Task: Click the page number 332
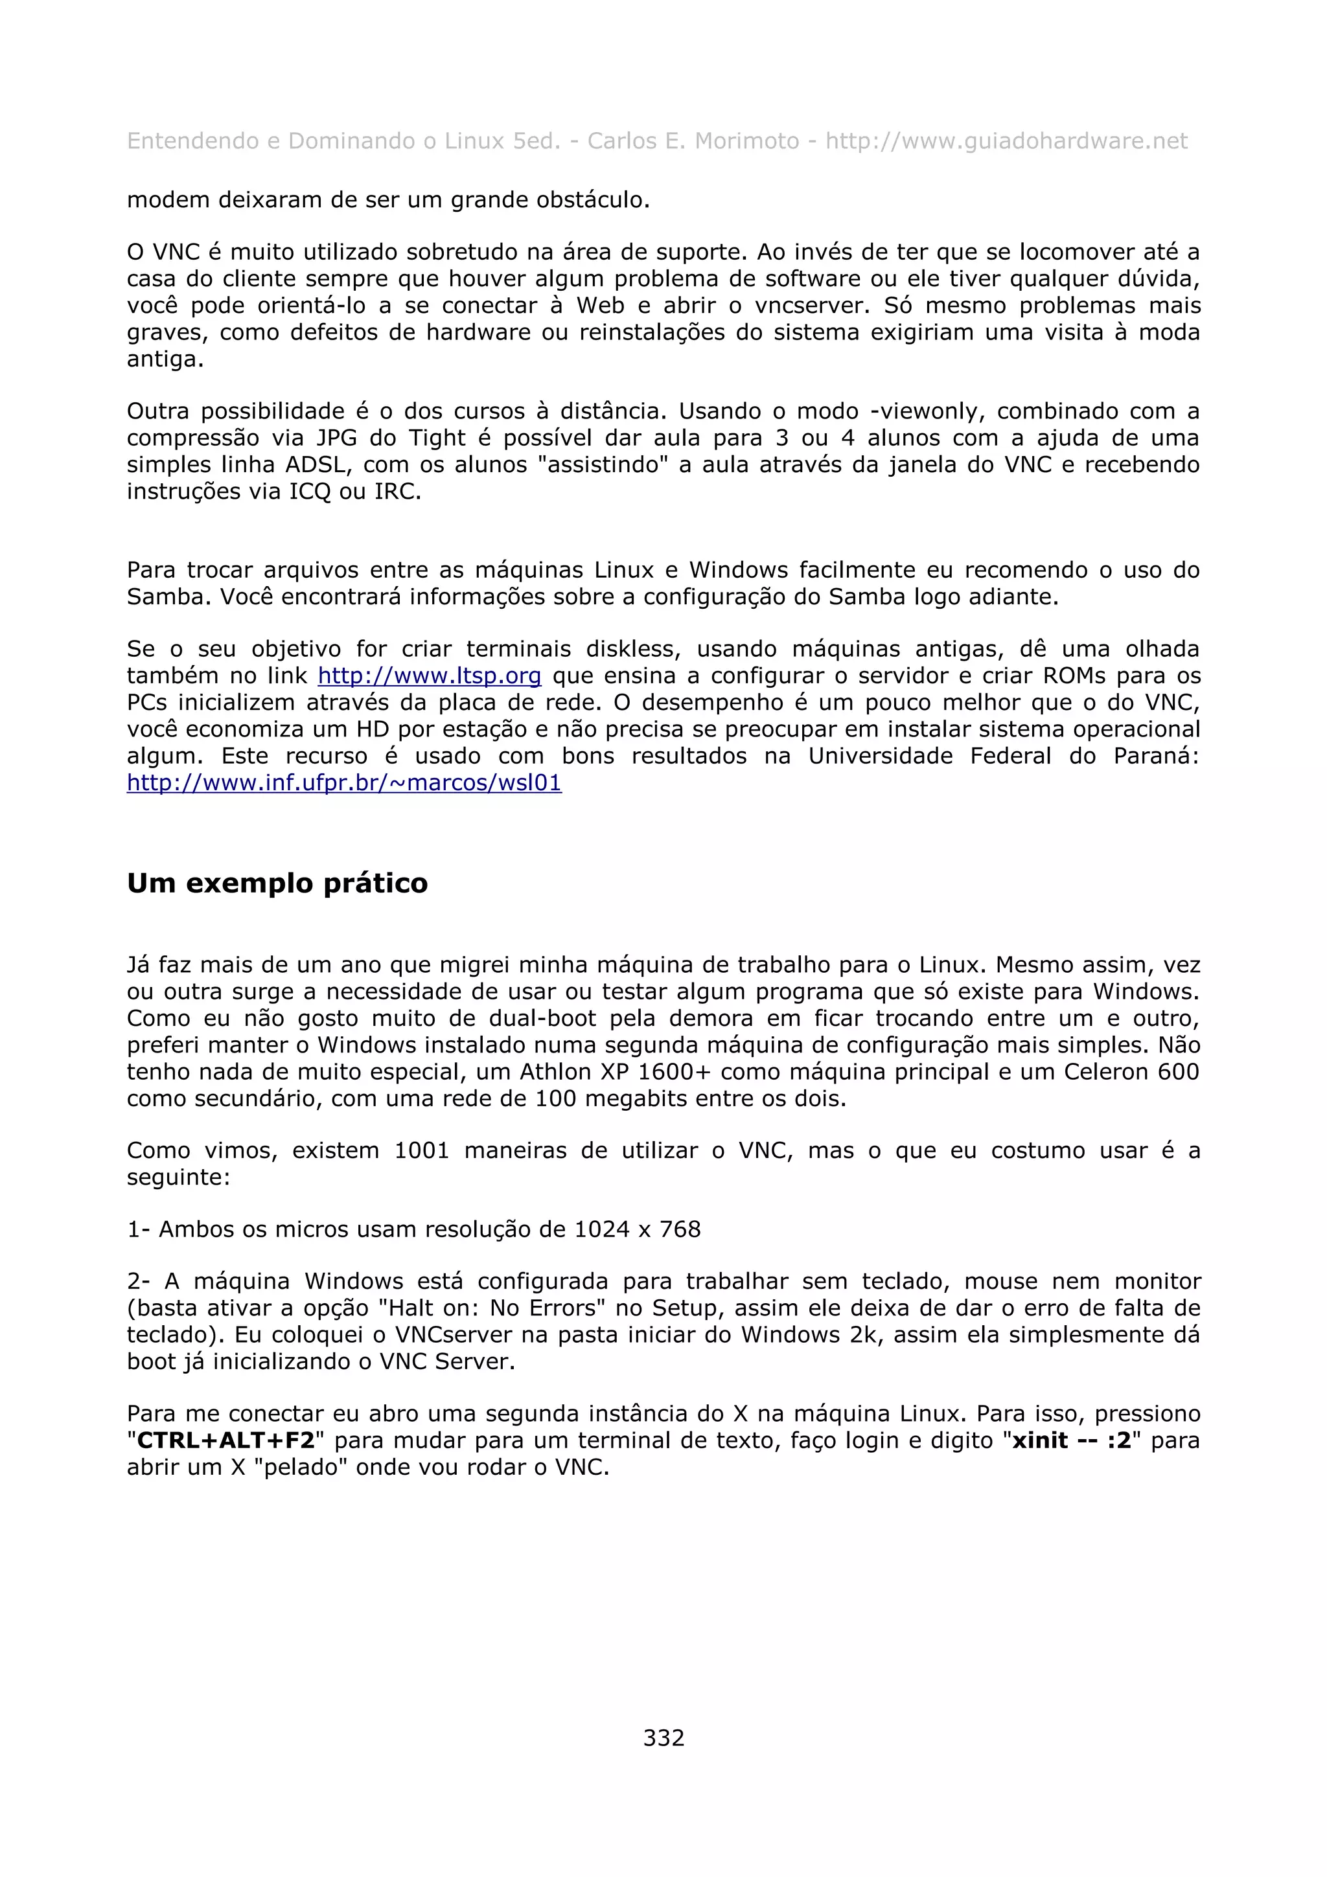pyautogui.click(x=663, y=1737)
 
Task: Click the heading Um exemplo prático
pyautogui.click(x=277, y=883)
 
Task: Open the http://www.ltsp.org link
pyautogui.click(x=429, y=676)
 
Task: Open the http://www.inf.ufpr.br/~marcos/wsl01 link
pyautogui.click(x=343, y=783)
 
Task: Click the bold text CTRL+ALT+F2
pyautogui.click(x=225, y=1440)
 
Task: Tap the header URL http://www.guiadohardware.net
pyautogui.click(x=1006, y=141)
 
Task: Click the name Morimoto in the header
pyautogui.click(x=746, y=141)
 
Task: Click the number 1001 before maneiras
pyautogui.click(x=422, y=1151)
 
